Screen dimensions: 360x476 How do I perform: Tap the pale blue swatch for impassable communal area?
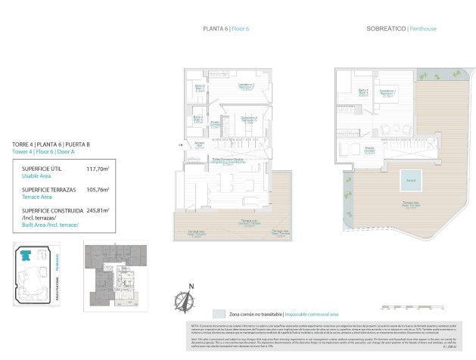pos(218,313)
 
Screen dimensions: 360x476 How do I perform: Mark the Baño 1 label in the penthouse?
pos(363,92)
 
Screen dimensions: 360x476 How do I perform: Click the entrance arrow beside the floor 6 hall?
pos(179,144)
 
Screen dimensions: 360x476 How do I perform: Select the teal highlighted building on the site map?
pos(26,256)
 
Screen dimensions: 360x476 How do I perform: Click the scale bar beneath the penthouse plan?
pos(409,308)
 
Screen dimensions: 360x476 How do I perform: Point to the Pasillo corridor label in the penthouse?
pos(369,149)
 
